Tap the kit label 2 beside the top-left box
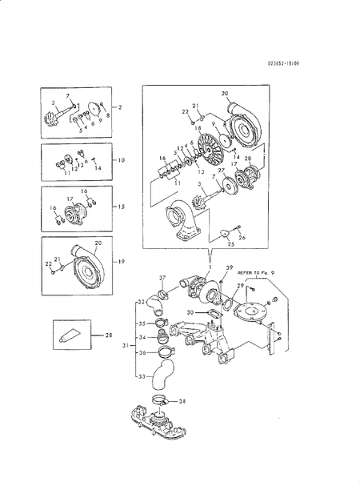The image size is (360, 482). pos(121,106)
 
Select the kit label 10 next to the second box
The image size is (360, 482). pos(122,160)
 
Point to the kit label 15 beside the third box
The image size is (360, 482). pos(122,207)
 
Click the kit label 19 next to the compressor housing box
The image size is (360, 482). pos(122,261)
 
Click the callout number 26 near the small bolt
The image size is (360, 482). pos(242,238)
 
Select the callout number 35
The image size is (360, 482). pos(142,324)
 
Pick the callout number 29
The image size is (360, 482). pos(239,286)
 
